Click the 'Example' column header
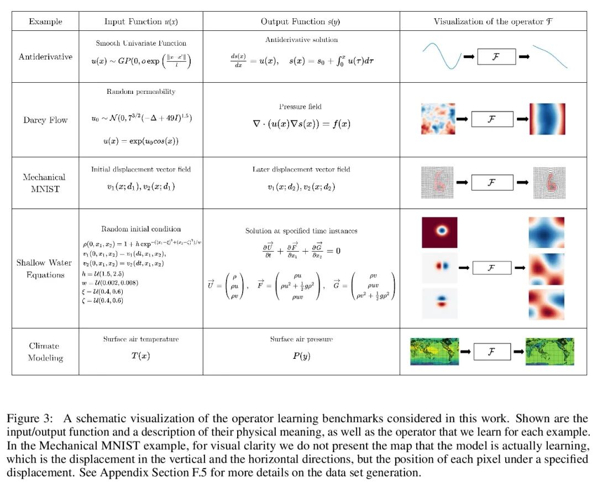click(45, 22)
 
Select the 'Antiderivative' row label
click(45, 56)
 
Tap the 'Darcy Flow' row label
click(45, 120)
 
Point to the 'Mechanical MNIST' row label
click(44, 183)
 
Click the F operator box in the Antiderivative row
click(496, 57)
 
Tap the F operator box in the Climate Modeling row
click(492, 351)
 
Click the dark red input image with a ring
click(439, 232)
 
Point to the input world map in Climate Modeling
click(434, 352)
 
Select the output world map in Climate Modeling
click(550, 352)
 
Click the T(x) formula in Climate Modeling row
click(140, 356)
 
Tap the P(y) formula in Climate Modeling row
click(301, 356)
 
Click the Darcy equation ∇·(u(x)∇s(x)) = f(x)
click(301, 124)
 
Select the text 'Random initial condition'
click(140, 229)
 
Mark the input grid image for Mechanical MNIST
click(437, 182)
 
